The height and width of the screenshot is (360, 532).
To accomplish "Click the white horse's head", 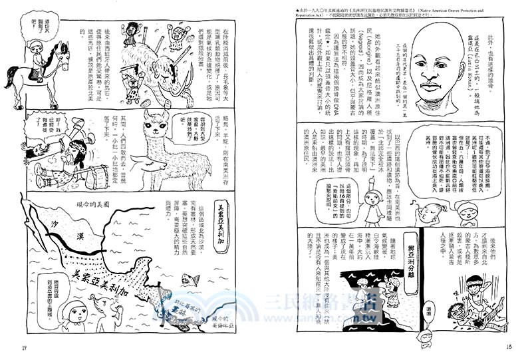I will tap(61, 54).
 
